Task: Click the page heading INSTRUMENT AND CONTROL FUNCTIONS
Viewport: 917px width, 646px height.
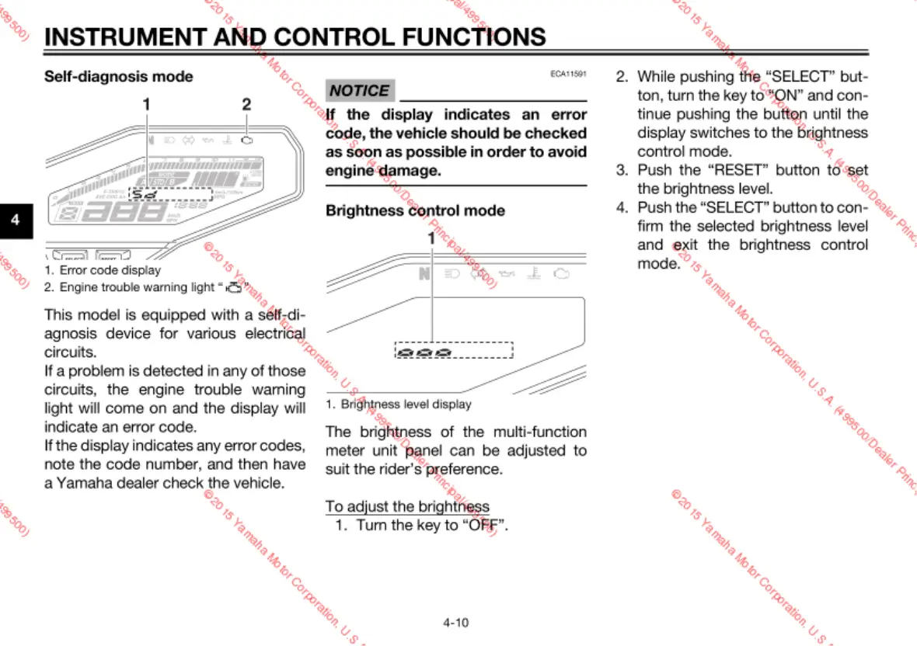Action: pyautogui.click(x=295, y=36)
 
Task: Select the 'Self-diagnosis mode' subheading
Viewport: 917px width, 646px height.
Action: pyautogui.click(x=119, y=76)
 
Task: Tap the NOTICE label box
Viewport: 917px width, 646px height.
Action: pyautogui.click(x=360, y=91)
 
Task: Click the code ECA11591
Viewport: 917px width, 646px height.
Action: pyautogui.click(x=568, y=74)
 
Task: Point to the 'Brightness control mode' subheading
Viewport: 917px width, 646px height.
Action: pyautogui.click(x=415, y=210)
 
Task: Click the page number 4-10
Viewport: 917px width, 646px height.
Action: pyautogui.click(x=456, y=622)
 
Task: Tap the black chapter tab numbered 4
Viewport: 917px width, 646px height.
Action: pyautogui.click(x=15, y=221)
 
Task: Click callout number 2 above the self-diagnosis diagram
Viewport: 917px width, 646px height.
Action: pyautogui.click(x=246, y=103)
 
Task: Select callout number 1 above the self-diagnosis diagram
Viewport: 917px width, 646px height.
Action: pyautogui.click(x=146, y=103)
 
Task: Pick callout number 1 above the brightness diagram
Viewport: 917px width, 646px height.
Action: pyautogui.click(x=432, y=238)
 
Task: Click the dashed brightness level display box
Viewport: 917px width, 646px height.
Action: pyautogui.click(x=454, y=350)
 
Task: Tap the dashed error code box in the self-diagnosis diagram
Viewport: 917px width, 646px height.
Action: pyautogui.click(x=170, y=194)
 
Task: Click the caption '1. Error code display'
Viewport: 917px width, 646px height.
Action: pyautogui.click(x=103, y=270)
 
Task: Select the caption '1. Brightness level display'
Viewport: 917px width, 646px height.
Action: pyautogui.click(x=398, y=404)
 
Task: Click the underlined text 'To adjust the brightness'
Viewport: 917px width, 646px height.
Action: pyautogui.click(x=407, y=506)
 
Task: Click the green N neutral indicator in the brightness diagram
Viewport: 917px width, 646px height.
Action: pyautogui.click(x=423, y=274)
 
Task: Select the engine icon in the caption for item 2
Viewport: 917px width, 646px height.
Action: pyautogui.click(x=234, y=288)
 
